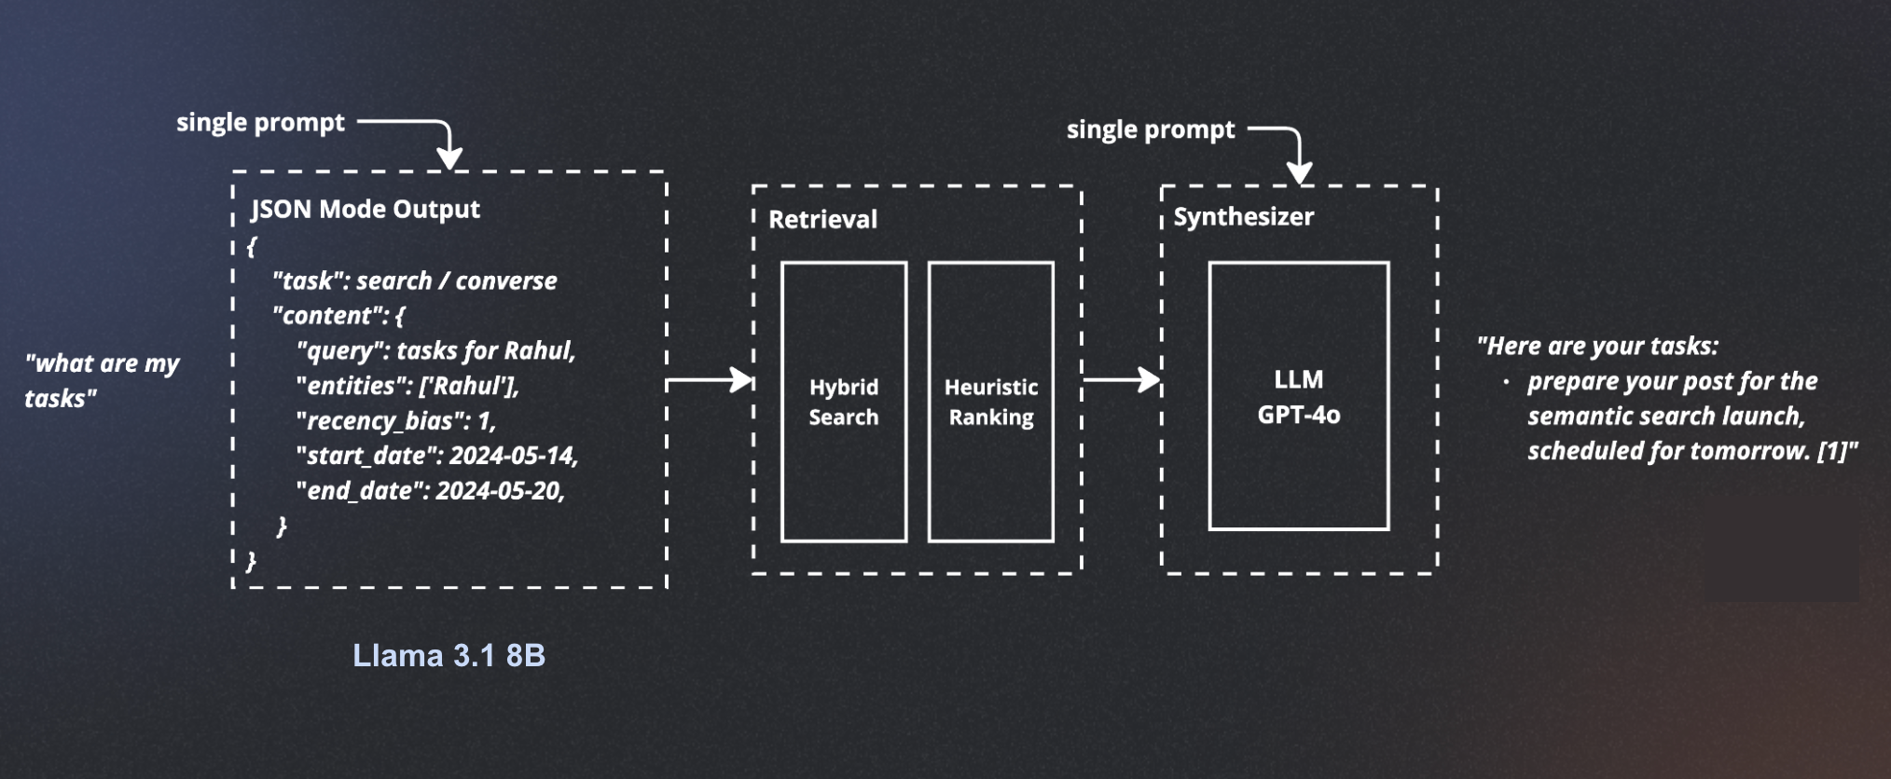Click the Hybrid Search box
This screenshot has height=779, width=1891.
tap(844, 402)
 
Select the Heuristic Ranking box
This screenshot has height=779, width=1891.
tap(991, 402)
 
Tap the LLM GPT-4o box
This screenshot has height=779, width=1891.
tap(1298, 396)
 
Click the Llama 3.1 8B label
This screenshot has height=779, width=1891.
tap(449, 655)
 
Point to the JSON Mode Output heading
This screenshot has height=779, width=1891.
tap(366, 209)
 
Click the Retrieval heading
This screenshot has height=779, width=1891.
tap(822, 219)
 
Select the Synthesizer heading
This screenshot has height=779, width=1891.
tap(1243, 217)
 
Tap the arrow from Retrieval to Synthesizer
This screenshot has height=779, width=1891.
tap(1122, 379)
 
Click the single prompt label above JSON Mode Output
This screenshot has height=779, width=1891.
tap(260, 122)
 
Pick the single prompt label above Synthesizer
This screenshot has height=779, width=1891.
tap(1151, 130)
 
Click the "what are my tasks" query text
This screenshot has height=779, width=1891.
tap(102, 380)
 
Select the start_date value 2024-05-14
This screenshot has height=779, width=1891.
tap(514, 456)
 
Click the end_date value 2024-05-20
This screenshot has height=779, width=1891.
tap(501, 490)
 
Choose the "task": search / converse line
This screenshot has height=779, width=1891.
tap(414, 280)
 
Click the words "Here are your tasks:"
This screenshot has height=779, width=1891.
tap(1597, 346)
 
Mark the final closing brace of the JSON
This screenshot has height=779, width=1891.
tap(251, 560)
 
